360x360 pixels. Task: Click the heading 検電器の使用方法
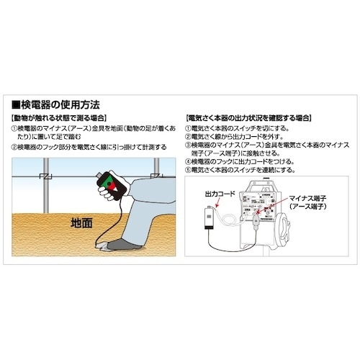pyautogui.click(x=62, y=104)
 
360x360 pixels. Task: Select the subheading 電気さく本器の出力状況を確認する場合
pyautogui.click(x=248, y=117)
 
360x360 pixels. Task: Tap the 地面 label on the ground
pyautogui.click(x=81, y=223)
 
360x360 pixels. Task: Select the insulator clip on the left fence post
pyautogui.click(x=45, y=176)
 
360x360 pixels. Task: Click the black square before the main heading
pyautogui.click(x=17, y=104)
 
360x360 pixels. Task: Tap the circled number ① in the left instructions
pyautogui.click(x=15, y=127)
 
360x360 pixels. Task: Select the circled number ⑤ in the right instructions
pyautogui.click(x=188, y=171)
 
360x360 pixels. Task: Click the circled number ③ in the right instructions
pyautogui.click(x=188, y=145)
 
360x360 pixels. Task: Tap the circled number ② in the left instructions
pyautogui.click(x=15, y=147)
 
